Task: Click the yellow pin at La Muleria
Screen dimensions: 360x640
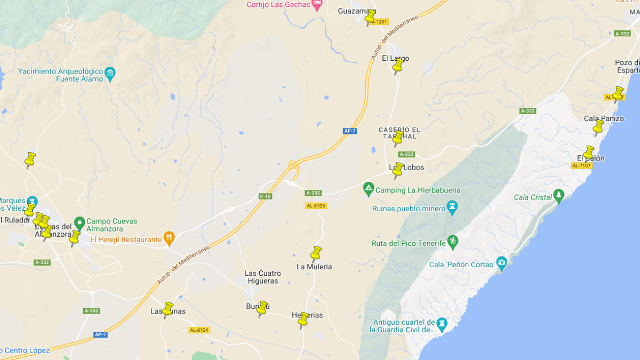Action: point(316,252)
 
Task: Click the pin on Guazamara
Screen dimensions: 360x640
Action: point(370,17)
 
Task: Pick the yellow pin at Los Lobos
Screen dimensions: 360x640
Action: point(398,170)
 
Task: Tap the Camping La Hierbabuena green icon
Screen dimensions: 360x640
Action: point(368,189)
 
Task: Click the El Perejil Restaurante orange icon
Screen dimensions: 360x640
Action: point(169,238)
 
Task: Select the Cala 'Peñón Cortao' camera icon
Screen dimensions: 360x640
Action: point(501,262)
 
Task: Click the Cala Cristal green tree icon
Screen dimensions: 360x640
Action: point(558,196)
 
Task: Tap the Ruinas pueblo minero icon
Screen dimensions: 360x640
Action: point(452,207)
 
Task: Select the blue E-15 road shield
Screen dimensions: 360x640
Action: point(266,197)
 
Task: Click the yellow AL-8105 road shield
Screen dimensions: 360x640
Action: point(316,206)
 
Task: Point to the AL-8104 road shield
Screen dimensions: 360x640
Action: point(199,330)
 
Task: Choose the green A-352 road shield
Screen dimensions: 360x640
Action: point(91,310)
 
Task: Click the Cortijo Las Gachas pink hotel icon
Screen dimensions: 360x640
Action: point(317,4)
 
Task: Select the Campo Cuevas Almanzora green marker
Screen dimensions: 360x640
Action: point(79,222)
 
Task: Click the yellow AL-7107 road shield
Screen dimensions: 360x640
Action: point(581,166)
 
